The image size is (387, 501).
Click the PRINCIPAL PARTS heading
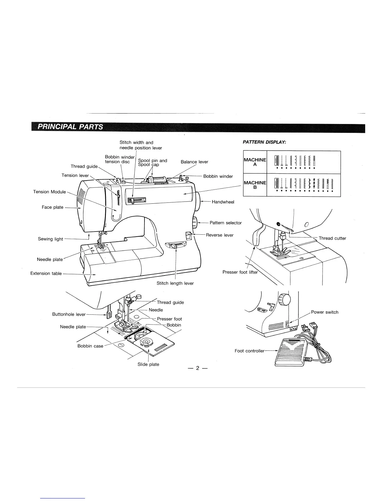click(70, 127)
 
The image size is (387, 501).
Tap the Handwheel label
click(223, 202)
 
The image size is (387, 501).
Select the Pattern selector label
click(225, 223)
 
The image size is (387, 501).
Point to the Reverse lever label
click(220, 235)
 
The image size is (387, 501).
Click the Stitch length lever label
click(175, 283)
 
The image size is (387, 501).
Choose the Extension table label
click(46, 274)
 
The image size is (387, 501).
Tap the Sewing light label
click(50, 239)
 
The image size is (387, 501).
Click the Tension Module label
click(49, 192)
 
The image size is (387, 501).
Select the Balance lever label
click(194, 162)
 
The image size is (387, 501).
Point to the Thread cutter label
click(332, 238)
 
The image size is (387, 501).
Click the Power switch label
click(325, 312)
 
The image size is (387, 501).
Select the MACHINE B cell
click(255, 185)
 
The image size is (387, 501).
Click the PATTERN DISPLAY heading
click(264, 142)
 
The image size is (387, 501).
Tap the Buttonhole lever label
click(69, 314)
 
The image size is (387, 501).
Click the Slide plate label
click(148, 364)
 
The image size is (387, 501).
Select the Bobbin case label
click(90, 346)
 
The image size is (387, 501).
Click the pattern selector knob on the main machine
click(195, 222)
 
